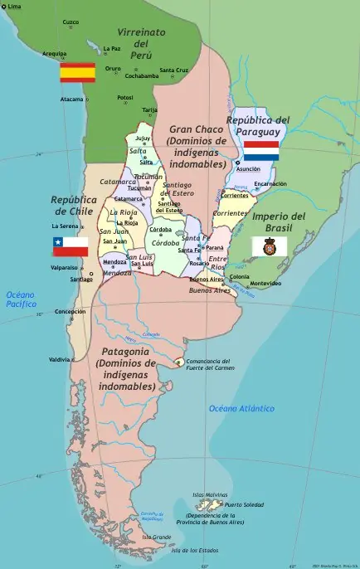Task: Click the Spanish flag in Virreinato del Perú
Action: (77, 73)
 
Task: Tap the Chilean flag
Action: (71, 246)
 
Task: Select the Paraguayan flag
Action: (260, 151)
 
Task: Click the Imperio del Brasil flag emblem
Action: (269, 246)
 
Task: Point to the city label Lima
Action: (14, 6)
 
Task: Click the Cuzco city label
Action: (71, 22)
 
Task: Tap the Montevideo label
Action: (265, 284)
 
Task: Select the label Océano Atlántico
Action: (241, 408)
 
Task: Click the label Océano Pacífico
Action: (22, 299)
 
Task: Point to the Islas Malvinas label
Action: (209, 495)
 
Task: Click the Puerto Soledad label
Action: (245, 504)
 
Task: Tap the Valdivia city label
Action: (59, 359)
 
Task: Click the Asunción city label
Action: (248, 169)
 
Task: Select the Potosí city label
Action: (124, 96)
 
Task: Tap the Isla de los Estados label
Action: (194, 551)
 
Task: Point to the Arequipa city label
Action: (54, 53)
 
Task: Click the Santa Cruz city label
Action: (174, 70)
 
